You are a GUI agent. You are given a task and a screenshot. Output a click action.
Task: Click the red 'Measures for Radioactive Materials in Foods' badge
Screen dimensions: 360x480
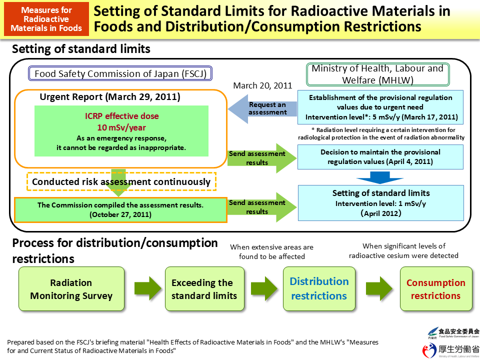point(46,19)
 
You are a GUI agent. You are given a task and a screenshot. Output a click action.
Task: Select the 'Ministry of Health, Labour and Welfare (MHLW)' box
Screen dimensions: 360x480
point(378,74)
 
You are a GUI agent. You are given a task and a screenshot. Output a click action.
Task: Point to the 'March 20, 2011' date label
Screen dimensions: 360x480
point(262,85)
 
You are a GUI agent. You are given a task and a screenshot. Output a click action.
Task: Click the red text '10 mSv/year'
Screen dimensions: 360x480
point(121,127)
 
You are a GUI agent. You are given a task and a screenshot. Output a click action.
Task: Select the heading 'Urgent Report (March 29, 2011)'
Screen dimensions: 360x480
point(110,96)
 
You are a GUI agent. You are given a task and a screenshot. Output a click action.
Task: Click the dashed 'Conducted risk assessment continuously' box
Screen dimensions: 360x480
point(121,182)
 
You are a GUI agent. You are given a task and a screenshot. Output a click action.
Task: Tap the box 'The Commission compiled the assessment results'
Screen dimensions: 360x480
point(120,209)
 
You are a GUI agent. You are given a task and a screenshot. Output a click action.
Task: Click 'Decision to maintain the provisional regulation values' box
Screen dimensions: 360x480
point(380,156)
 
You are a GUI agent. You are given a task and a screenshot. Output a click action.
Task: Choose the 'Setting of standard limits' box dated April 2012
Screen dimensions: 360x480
point(380,202)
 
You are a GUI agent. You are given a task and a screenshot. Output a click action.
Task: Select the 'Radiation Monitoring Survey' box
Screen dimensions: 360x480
point(71,289)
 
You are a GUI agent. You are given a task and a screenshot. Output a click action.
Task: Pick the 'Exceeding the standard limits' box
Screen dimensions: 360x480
point(204,289)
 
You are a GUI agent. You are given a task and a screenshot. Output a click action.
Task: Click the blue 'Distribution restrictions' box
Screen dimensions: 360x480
point(319,288)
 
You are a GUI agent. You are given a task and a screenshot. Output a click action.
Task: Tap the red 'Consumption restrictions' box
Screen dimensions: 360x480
point(435,289)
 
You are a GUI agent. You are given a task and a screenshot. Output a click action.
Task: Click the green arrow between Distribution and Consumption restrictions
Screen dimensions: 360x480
point(378,289)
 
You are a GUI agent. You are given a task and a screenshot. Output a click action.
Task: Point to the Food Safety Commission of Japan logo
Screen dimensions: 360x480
point(453,333)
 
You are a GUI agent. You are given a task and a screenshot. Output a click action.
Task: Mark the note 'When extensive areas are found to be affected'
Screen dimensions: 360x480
point(271,251)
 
